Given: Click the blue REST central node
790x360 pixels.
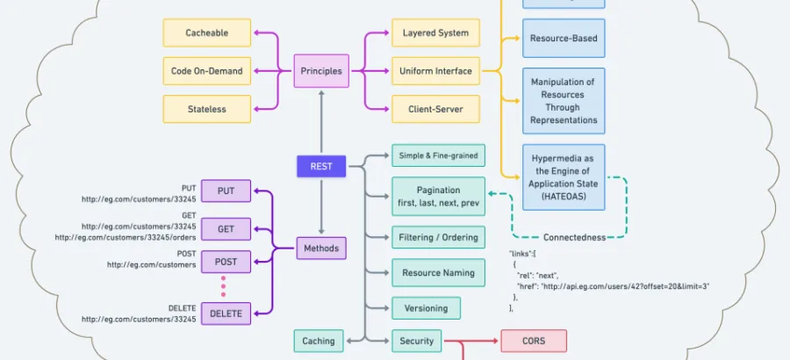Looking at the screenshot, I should [x=321, y=165].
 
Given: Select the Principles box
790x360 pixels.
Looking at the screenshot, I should [x=321, y=71].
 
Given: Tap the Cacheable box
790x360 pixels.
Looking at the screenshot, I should [x=206, y=33].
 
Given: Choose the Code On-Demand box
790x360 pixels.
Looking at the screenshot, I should [x=206, y=71].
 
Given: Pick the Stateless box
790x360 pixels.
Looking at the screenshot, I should [x=206, y=109].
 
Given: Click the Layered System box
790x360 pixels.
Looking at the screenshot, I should [x=435, y=33].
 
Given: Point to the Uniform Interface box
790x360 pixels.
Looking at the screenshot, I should [x=435, y=71].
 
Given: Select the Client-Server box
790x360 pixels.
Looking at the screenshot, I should [x=435, y=109].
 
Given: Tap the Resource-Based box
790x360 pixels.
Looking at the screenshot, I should [x=564, y=39].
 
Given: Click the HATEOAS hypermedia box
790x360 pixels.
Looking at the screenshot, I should [x=564, y=177].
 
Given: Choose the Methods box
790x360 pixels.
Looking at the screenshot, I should [x=321, y=248].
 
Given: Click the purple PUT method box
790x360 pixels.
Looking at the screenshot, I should [x=226, y=191].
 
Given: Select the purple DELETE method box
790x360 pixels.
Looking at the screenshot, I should [x=226, y=312].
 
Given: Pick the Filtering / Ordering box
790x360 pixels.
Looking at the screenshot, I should [x=438, y=237].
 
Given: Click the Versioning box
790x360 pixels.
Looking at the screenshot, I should [x=426, y=308].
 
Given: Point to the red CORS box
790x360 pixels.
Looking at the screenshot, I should [x=534, y=341].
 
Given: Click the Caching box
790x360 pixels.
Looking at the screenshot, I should [x=319, y=341].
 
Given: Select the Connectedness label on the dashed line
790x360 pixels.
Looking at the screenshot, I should [x=574, y=237].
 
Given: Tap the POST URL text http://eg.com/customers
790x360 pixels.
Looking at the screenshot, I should [x=151, y=264].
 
